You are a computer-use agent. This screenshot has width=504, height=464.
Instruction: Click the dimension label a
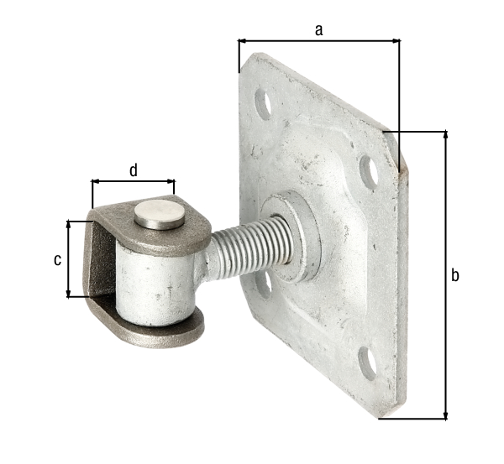tap(318, 29)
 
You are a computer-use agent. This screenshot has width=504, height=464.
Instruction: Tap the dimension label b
tap(454, 275)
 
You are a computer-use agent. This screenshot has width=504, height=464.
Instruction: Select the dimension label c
tap(57, 259)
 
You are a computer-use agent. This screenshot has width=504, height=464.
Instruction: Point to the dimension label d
tap(133, 170)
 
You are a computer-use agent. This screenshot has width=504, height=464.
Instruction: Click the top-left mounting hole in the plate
tap(263, 105)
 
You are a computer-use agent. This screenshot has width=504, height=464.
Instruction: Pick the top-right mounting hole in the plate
tap(368, 170)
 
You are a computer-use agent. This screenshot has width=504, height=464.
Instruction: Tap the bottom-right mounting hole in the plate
tap(366, 362)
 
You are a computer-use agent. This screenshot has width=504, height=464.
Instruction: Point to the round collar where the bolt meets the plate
tap(290, 235)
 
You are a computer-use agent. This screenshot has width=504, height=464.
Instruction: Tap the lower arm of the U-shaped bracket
tap(160, 331)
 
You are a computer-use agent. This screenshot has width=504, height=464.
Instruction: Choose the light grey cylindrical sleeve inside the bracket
tap(155, 285)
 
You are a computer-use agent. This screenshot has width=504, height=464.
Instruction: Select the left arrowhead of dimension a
tap(242, 39)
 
